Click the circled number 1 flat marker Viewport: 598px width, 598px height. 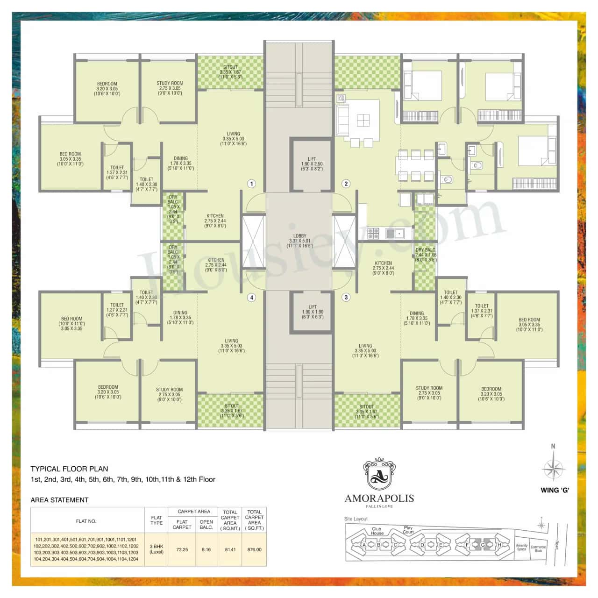pyautogui.click(x=251, y=184)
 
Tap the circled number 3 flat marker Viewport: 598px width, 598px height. pyautogui.click(x=346, y=297)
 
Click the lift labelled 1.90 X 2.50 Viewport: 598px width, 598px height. pyautogui.click(x=312, y=164)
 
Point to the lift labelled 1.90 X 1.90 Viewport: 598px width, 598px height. pyautogui.click(x=312, y=312)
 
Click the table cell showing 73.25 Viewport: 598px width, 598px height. pyautogui.click(x=182, y=549)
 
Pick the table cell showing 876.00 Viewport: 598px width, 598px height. pyautogui.click(x=254, y=549)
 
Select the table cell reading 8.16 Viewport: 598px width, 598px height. pyautogui.click(x=206, y=549)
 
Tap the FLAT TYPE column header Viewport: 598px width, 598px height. pyautogui.click(x=157, y=520)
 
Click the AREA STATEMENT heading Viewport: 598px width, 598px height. pyautogui.click(x=59, y=500)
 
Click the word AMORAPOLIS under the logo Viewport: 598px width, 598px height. pyautogui.click(x=379, y=498)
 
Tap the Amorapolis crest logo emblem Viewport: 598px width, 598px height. pyautogui.click(x=379, y=475)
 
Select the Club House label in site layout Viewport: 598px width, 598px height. pyautogui.click(x=377, y=531)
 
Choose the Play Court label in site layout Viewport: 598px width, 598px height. pyautogui.click(x=408, y=530)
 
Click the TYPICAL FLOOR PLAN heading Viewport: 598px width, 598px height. pyautogui.click(x=69, y=469)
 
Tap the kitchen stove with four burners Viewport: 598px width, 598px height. pyautogui.click(x=373, y=233)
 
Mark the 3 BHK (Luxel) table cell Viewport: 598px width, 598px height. pyautogui.click(x=157, y=549)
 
